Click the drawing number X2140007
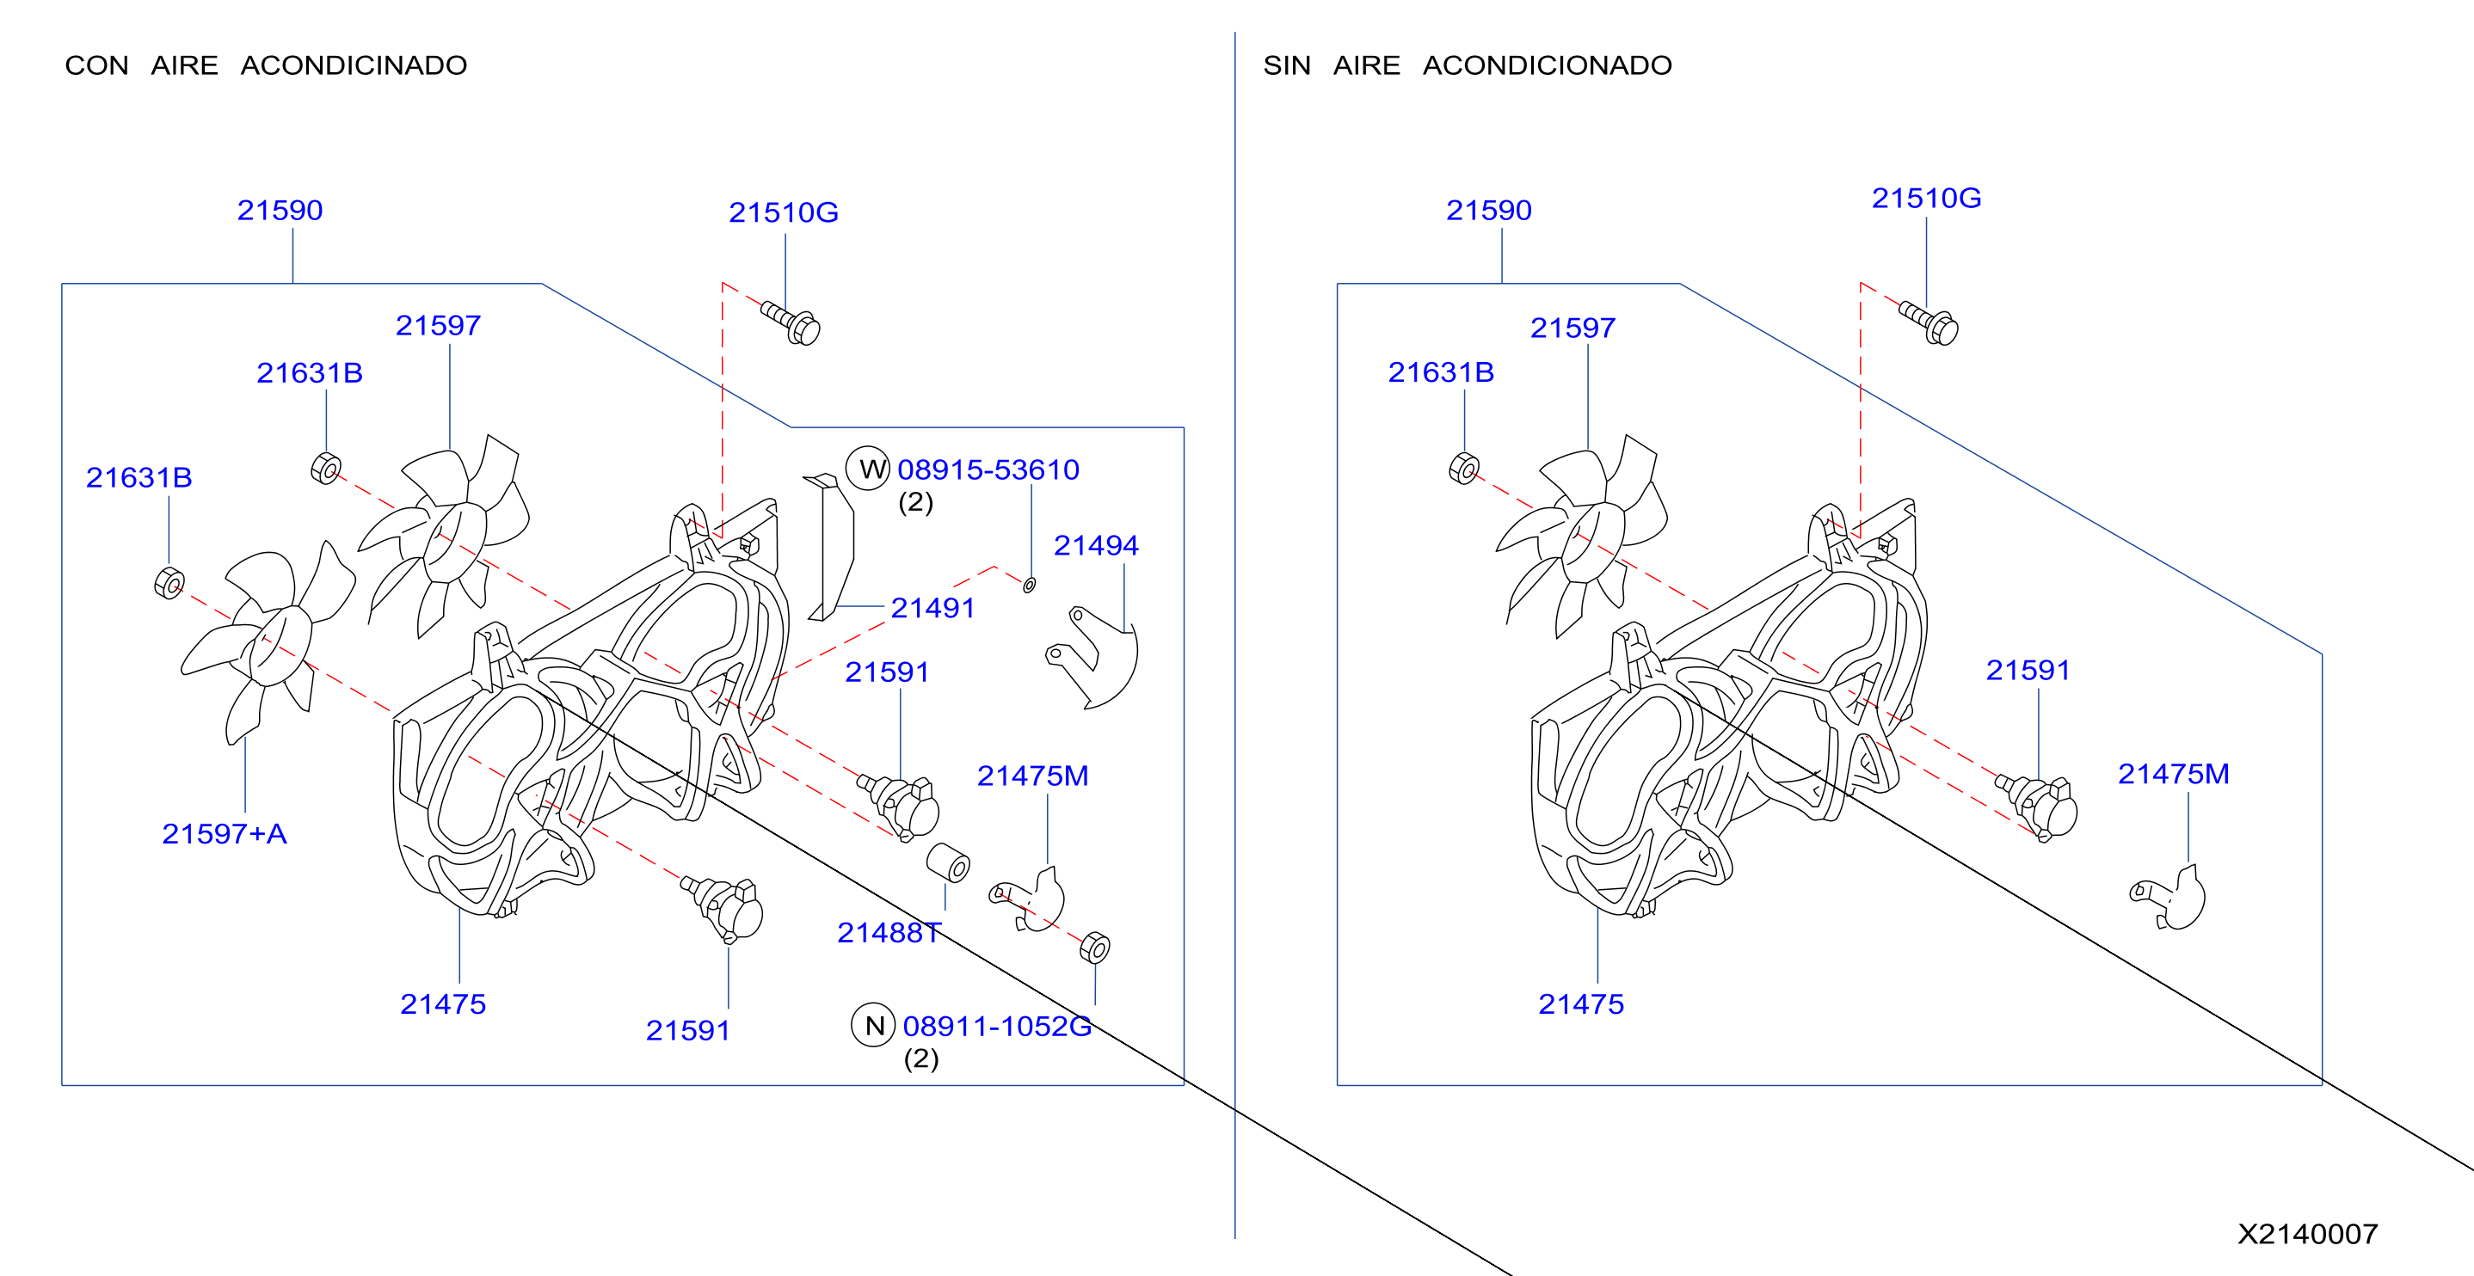[x=2307, y=1234]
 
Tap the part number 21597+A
[x=224, y=833]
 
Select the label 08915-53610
[x=988, y=469]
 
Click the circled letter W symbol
[x=868, y=469]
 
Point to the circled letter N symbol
[x=873, y=1026]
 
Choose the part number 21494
[x=1096, y=545]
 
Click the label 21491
[x=932, y=608]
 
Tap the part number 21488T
[x=889, y=932]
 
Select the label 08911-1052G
[x=997, y=1027]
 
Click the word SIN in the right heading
[x=1286, y=65]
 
